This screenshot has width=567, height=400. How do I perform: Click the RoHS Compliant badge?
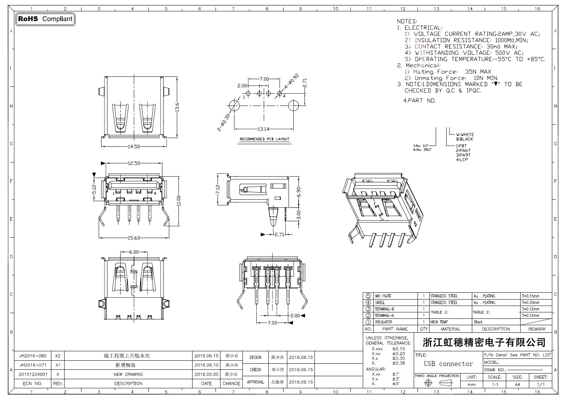(x=45, y=19)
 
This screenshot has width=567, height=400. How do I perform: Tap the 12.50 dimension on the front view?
(x=134, y=164)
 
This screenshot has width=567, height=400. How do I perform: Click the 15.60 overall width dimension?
(x=134, y=238)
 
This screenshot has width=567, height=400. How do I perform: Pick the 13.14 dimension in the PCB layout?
(x=263, y=129)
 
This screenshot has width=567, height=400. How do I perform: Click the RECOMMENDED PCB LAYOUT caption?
(x=265, y=139)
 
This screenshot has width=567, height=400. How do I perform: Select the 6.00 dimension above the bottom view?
(x=134, y=252)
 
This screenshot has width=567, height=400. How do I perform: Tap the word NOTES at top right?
(x=407, y=22)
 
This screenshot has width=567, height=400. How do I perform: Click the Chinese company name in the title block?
(x=484, y=343)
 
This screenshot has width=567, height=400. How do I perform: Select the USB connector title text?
(x=448, y=364)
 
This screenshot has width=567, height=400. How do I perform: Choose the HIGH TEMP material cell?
(x=439, y=322)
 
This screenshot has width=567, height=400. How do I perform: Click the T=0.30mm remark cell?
(x=531, y=303)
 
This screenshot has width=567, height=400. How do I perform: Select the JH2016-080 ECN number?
(x=33, y=356)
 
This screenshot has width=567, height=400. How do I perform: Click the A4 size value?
(x=517, y=385)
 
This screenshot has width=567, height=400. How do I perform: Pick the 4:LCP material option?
(x=462, y=160)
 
